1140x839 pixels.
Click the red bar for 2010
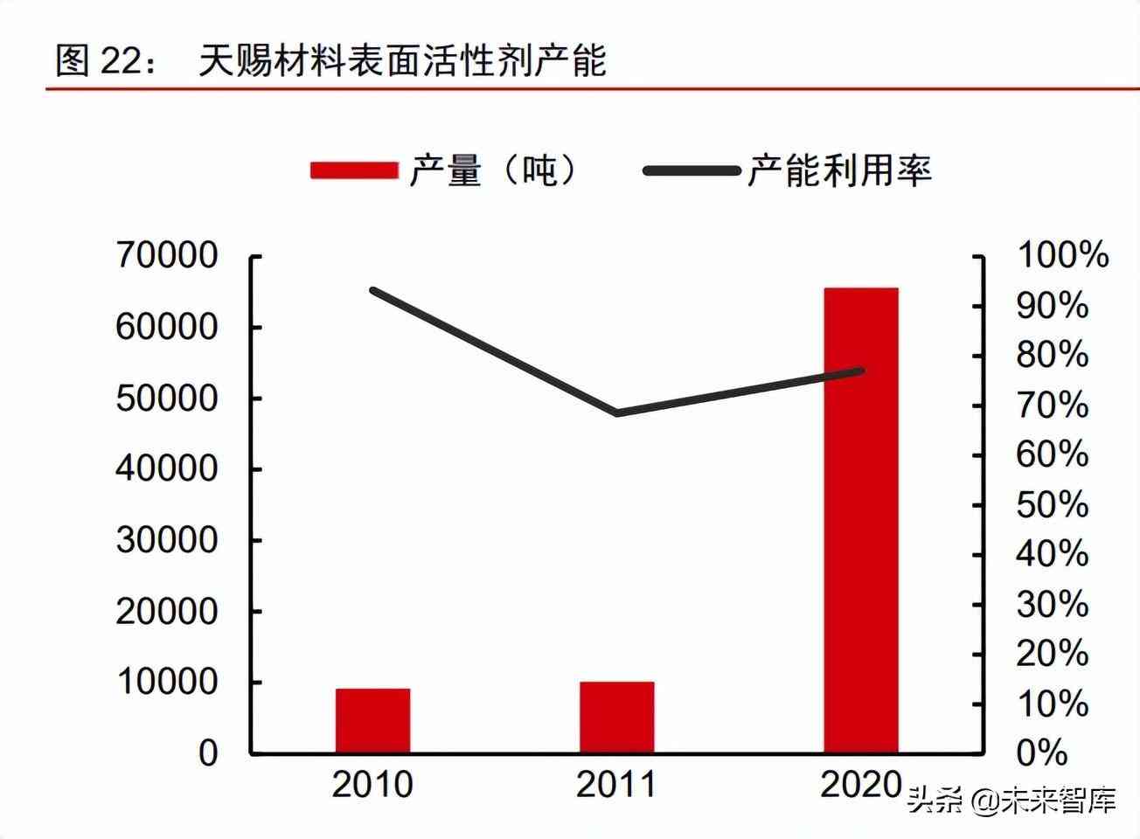pyautogui.click(x=372, y=721)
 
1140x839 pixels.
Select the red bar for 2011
pyautogui.click(x=616, y=718)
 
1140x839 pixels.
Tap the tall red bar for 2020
pyautogui.click(x=860, y=520)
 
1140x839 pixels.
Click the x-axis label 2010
pyautogui.click(x=372, y=784)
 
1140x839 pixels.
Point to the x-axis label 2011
pyautogui.click(x=616, y=784)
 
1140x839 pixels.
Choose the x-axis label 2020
pyautogui.click(x=860, y=784)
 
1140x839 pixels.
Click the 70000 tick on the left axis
pyautogui.click(x=166, y=256)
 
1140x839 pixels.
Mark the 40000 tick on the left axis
pyautogui.click(x=166, y=469)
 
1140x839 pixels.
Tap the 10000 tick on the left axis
pyautogui.click(x=166, y=682)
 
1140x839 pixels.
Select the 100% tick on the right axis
pyautogui.click(x=1062, y=256)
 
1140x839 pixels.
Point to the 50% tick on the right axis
pyautogui.click(x=1052, y=505)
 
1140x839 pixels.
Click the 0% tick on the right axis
pyautogui.click(x=1042, y=753)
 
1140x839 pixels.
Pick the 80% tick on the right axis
pyautogui.click(x=1052, y=356)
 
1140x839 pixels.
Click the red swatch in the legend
pyautogui.click(x=354, y=170)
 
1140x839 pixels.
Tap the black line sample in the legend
pyautogui.click(x=691, y=170)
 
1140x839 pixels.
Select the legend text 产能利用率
pyautogui.click(x=839, y=170)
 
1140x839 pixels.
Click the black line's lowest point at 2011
pyautogui.click(x=617, y=413)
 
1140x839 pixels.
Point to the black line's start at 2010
pyautogui.click(x=373, y=290)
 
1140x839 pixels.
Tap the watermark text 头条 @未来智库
pyautogui.click(x=1011, y=800)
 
